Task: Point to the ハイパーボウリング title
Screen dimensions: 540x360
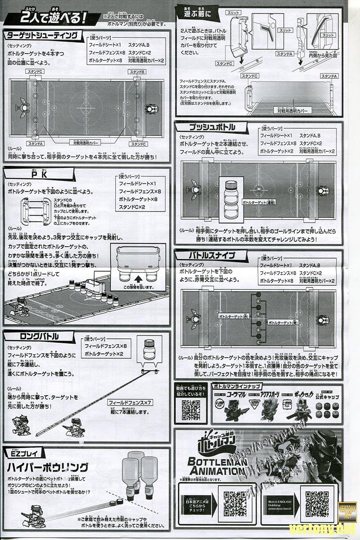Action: pyautogui.click(x=47, y=466)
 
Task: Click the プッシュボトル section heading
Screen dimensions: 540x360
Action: pyautogui.click(x=205, y=127)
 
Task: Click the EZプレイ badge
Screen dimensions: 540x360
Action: pyautogui.click(x=19, y=452)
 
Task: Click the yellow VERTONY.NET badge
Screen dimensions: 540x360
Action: pyautogui.click(x=347, y=512)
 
